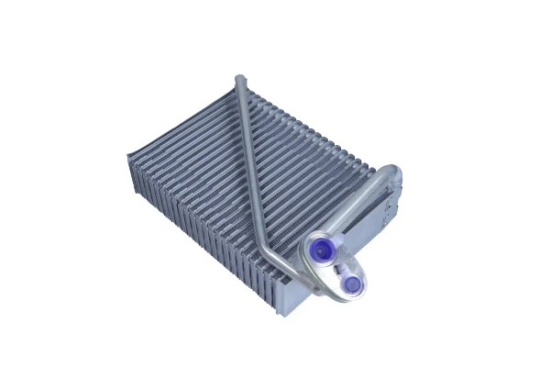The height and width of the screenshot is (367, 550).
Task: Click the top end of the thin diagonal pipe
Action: pyautogui.click(x=240, y=82)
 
